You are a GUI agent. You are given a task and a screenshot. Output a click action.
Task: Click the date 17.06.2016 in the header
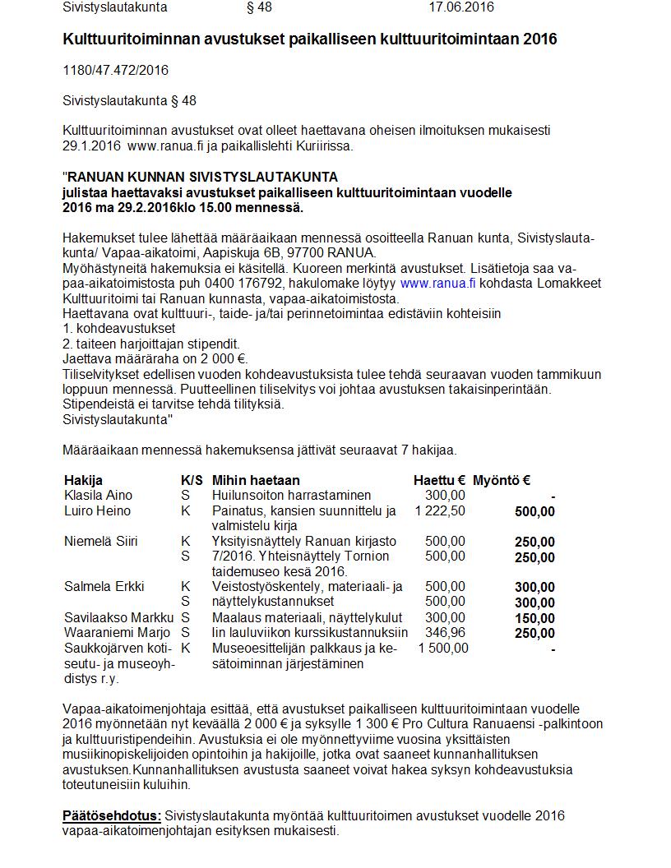pos(460,7)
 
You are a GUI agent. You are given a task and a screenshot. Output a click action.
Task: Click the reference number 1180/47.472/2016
pos(115,71)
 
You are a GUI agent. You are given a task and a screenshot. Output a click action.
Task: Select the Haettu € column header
pos(439,480)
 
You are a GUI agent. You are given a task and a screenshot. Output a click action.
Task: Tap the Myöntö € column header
pos(502,480)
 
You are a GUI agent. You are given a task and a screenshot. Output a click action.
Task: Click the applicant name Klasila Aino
pos(98,495)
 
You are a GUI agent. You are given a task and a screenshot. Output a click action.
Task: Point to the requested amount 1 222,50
pos(440,511)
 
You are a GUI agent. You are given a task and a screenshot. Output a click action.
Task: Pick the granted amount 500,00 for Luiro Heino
pos(534,511)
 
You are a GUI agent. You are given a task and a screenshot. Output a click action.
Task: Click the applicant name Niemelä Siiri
pos(101,542)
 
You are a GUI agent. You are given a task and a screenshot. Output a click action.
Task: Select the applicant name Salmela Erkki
pos(104,587)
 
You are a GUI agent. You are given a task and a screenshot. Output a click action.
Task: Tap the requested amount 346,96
pos(445,633)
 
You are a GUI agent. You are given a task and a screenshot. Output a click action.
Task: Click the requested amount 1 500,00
pos(443,649)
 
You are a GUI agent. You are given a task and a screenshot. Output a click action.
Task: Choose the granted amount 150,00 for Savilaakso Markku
pos(534,618)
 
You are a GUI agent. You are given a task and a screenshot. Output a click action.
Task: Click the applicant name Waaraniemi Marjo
pos(117,633)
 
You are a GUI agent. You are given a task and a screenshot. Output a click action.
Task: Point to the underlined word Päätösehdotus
pos(112,815)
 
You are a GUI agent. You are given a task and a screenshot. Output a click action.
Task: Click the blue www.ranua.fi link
pos(437,283)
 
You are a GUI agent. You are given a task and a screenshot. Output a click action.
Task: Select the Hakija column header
pos(83,480)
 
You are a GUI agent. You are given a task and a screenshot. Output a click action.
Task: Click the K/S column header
pos(192,480)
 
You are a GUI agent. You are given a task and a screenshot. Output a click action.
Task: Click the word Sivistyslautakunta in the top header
pos(115,7)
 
